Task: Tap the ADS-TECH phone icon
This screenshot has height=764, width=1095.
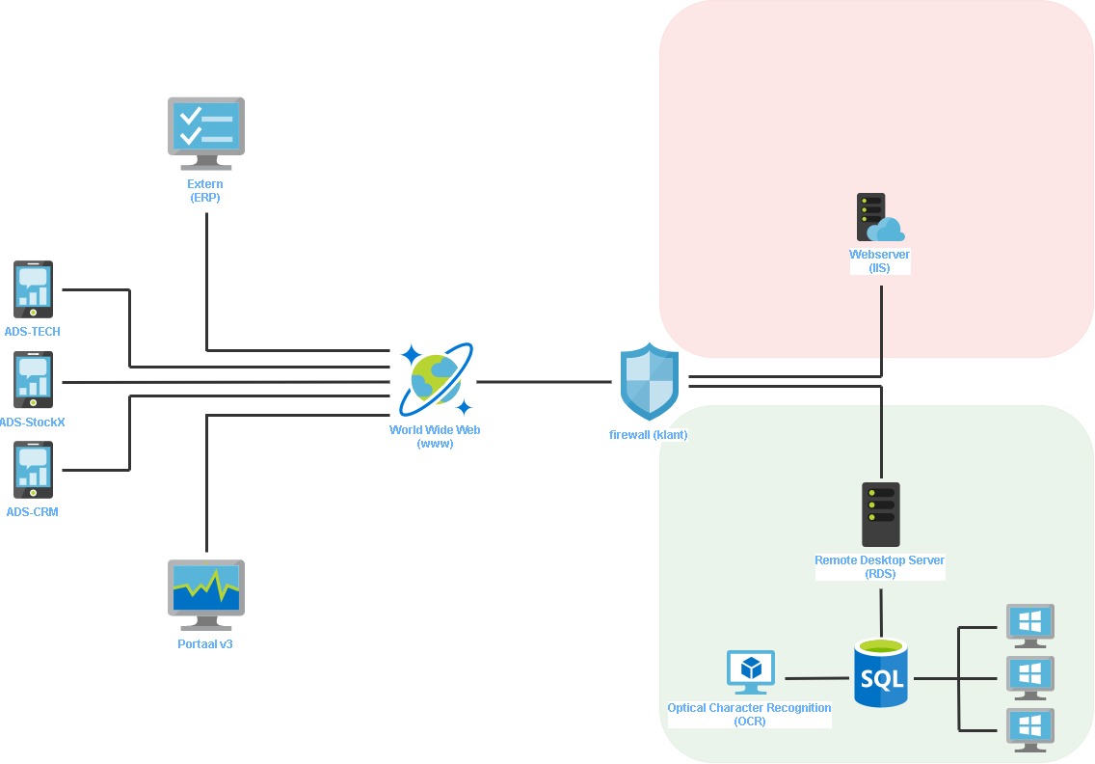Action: point(33,289)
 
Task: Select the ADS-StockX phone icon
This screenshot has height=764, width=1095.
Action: point(33,380)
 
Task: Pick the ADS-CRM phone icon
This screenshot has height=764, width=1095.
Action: point(33,470)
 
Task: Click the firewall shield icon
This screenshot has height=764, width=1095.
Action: point(650,381)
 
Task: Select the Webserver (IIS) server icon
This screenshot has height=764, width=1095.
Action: point(879,218)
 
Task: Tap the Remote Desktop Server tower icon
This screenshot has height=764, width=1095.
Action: point(880,514)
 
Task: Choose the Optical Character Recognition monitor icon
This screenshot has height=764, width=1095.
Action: point(750,672)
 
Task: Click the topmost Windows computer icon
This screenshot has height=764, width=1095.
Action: point(1029,625)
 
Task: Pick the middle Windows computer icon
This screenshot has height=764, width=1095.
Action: point(1029,677)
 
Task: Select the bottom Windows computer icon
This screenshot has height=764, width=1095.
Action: point(1029,729)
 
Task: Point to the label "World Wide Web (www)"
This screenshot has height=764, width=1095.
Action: point(435,437)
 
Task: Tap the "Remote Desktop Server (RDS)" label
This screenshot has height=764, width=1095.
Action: point(879,567)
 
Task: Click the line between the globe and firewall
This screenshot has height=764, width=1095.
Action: point(545,382)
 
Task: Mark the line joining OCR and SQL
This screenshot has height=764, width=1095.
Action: point(815,678)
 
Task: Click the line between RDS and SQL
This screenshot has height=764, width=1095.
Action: point(881,607)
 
